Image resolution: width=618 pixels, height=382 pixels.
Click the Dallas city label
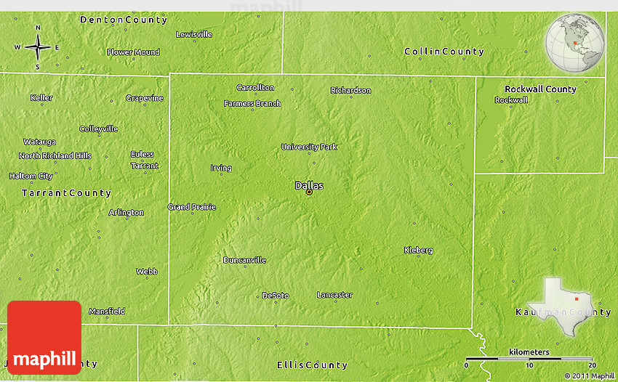click(x=309, y=186)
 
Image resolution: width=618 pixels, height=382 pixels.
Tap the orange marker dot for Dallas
click(x=309, y=192)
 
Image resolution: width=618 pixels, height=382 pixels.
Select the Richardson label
click(x=350, y=91)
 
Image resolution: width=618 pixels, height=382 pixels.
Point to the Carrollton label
click(x=255, y=88)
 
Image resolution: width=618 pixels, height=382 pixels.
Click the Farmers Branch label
click(x=252, y=104)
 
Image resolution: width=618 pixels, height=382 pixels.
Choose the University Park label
click(x=309, y=147)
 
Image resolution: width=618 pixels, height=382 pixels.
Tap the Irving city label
click(x=221, y=168)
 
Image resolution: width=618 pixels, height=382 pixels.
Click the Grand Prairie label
click(x=192, y=207)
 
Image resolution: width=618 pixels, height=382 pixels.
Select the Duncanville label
click(x=244, y=260)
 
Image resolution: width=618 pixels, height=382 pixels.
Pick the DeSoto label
click(x=276, y=296)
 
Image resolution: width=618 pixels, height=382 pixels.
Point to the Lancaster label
click(x=334, y=295)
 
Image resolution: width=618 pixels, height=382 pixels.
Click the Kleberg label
click(x=418, y=251)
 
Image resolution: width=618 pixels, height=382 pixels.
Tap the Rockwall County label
click(x=540, y=89)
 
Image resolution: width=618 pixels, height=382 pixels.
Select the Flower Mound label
click(x=133, y=52)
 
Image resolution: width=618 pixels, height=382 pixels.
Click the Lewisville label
click(x=194, y=34)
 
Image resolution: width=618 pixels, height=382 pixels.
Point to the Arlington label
click(x=127, y=213)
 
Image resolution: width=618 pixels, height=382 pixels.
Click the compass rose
click(x=38, y=47)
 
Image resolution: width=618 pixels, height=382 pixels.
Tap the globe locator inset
click(x=575, y=42)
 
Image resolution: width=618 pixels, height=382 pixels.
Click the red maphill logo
click(x=44, y=338)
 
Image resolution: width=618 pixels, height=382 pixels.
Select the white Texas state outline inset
click(x=561, y=301)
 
